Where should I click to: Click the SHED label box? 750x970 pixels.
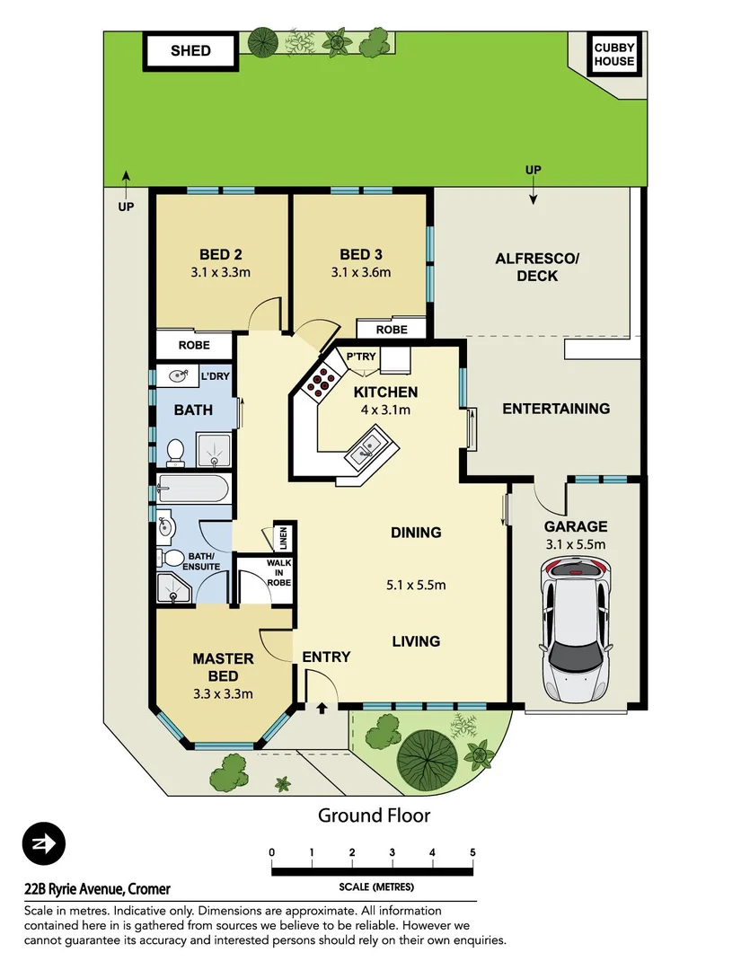click(190, 51)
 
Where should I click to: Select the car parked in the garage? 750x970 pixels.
click(576, 628)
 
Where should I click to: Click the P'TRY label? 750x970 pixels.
click(361, 357)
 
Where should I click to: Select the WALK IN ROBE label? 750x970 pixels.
click(278, 572)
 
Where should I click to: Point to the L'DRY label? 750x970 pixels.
click(215, 375)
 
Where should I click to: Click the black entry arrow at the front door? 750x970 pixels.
click(322, 709)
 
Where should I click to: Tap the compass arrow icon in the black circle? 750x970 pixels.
click(44, 844)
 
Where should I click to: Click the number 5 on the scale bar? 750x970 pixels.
click(472, 852)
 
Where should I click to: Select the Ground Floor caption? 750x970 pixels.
click(374, 816)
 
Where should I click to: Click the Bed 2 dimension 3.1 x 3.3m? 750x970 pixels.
click(220, 273)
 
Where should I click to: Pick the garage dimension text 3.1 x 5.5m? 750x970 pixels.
click(575, 544)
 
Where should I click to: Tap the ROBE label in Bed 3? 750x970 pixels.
click(392, 330)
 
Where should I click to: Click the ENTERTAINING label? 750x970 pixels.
click(555, 409)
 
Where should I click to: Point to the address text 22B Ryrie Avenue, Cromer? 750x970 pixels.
click(97, 889)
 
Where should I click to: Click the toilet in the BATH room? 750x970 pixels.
click(176, 451)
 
